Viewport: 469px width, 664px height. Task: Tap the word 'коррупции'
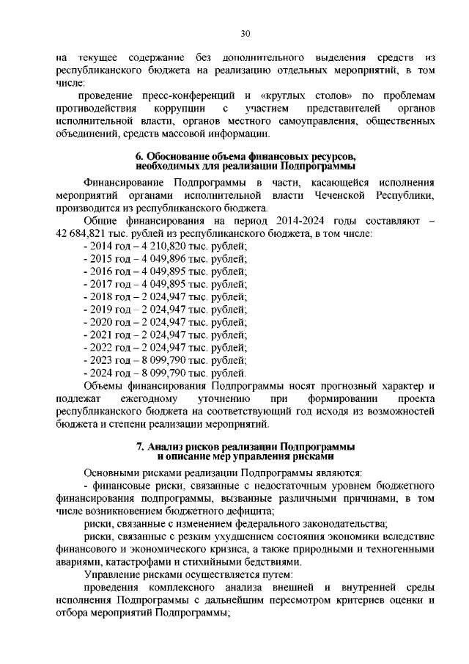189,109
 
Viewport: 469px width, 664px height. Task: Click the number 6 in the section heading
139,156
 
